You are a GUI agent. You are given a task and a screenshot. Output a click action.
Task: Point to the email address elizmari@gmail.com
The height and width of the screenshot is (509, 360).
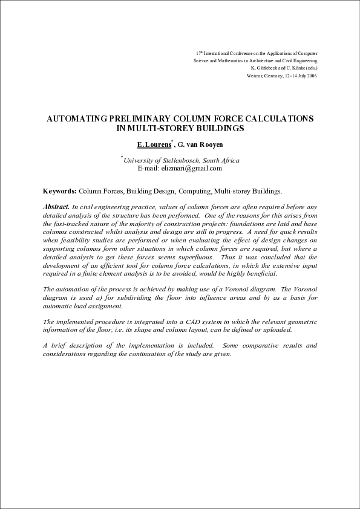[x=194, y=169]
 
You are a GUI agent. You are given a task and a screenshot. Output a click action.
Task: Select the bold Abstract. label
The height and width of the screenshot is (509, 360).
[x=56, y=207]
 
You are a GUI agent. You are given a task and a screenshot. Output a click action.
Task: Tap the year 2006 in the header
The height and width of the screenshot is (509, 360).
[x=312, y=76]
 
